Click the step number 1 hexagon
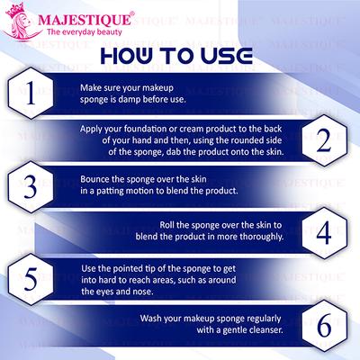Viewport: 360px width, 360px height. coord(32,93)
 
